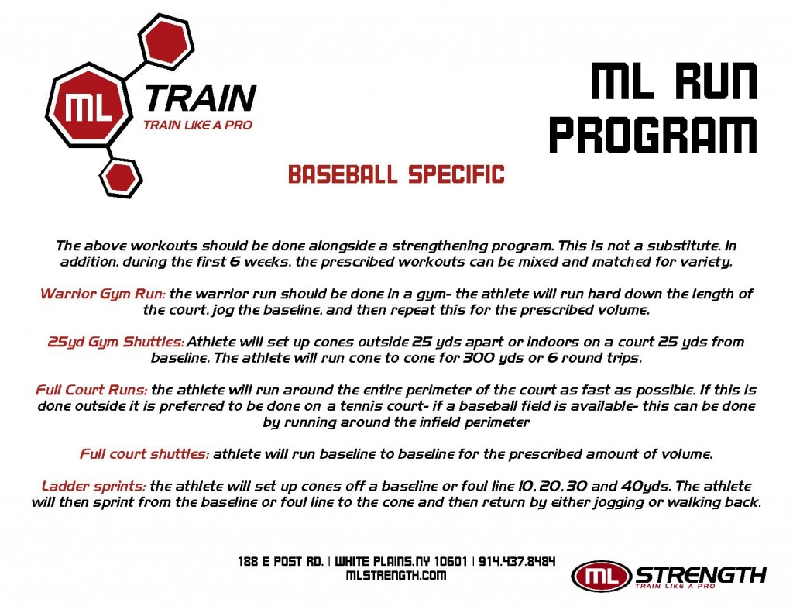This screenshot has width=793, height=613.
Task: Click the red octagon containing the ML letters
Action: click(x=89, y=105)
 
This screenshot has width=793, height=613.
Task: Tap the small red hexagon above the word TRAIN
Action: click(x=166, y=42)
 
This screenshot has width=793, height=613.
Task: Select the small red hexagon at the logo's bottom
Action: click(x=121, y=177)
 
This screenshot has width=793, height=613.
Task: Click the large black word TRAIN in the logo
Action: click(x=201, y=98)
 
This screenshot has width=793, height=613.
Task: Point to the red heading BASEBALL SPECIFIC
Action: click(x=396, y=174)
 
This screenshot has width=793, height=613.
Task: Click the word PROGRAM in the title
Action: click(x=653, y=134)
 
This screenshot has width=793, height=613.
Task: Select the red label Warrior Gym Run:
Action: click(x=103, y=294)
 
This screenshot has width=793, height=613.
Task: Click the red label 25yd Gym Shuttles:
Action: click(x=116, y=343)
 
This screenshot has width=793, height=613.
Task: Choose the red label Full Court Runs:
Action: click(x=91, y=390)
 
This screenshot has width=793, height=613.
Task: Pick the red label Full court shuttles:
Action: click(x=144, y=454)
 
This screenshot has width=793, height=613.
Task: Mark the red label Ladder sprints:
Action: click(x=94, y=487)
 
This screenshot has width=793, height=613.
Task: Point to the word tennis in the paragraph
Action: click(x=362, y=406)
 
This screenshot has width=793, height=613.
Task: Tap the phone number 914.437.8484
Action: click(x=517, y=561)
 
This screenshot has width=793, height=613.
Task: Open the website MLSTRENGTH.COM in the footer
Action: click(x=396, y=576)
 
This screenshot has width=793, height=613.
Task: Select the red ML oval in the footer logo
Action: click(x=601, y=576)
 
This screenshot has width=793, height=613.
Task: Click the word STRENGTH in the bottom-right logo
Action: click(x=700, y=575)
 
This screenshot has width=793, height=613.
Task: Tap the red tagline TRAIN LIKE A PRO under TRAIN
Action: click(x=197, y=125)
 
